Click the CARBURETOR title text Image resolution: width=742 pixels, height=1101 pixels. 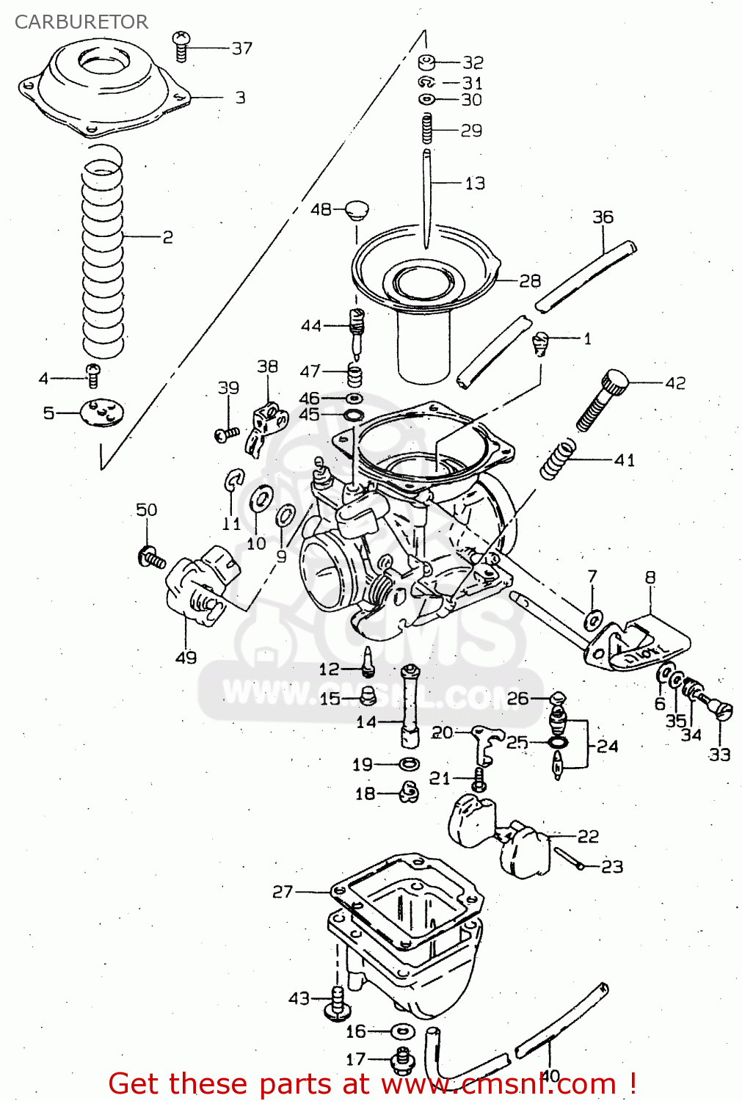pos(81,22)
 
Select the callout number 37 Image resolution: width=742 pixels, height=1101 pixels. pos(242,48)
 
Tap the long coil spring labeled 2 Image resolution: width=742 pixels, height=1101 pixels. pos(102,250)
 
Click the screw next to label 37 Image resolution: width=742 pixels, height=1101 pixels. pos(181,46)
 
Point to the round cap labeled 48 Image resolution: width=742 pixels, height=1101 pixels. pos(357,210)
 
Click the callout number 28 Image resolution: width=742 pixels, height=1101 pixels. pos(529,281)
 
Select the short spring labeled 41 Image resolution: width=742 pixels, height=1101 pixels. pos(558,459)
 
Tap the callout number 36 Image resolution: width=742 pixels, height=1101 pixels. pos(603,217)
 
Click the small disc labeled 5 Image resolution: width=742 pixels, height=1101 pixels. pos(101,412)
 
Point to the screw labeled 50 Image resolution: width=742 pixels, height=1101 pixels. pos(151,557)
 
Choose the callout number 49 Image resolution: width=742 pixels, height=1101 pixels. pos(186,658)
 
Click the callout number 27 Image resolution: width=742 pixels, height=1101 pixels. pos(283,892)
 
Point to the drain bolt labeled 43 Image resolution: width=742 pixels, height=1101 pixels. pos(337,1003)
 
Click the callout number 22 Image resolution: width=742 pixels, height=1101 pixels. pos(588,837)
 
